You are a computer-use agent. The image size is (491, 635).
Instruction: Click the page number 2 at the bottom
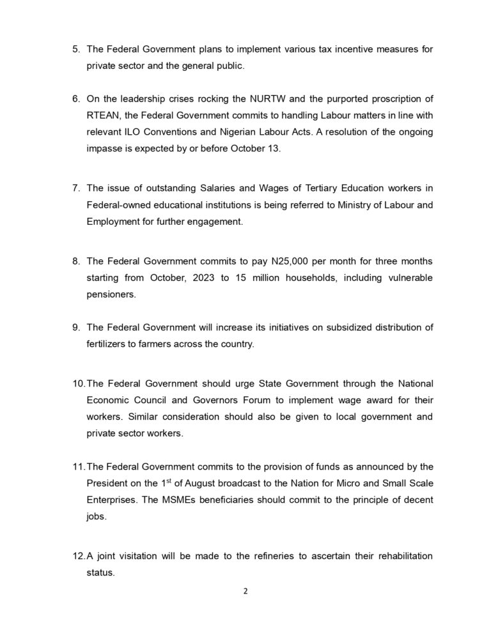click(245, 591)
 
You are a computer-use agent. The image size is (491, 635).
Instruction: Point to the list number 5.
click(75, 49)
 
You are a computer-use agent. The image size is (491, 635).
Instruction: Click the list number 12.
click(77, 556)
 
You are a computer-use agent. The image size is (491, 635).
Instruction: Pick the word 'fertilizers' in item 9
click(109, 344)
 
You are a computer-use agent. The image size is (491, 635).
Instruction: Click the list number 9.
click(75, 327)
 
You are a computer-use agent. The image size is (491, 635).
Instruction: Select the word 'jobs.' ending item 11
click(96, 517)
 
